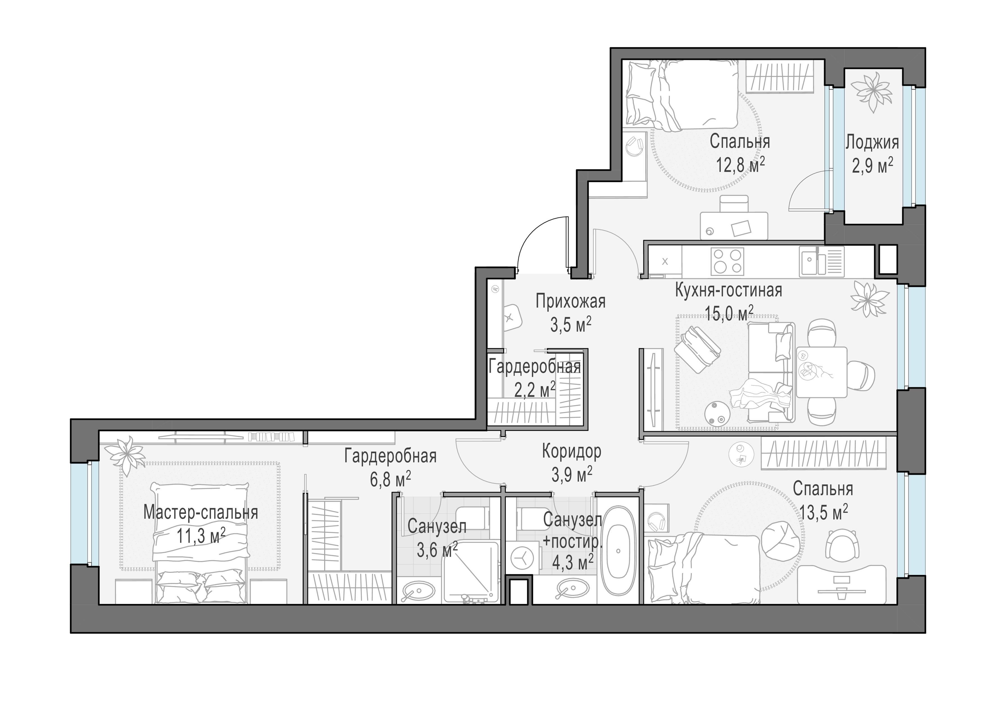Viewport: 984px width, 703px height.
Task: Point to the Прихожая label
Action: (x=570, y=301)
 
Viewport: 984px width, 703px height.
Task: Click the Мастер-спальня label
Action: (x=201, y=513)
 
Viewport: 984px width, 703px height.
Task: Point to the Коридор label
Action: (x=572, y=452)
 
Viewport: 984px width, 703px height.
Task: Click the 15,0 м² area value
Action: (x=729, y=313)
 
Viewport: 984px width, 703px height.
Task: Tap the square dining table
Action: (x=821, y=372)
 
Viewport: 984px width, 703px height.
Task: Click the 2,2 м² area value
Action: (x=535, y=391)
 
